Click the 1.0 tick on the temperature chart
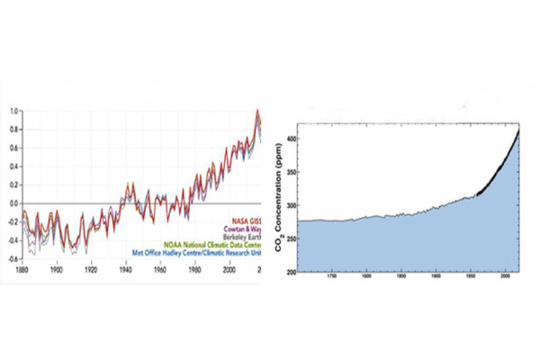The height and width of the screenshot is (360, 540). click(12, 112)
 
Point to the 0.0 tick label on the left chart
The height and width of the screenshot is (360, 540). click(12, 203)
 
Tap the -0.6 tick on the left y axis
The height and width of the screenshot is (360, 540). click(11, 259)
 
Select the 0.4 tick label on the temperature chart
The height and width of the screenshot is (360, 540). click(12, 166)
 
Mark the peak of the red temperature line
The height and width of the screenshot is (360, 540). click(257, 111)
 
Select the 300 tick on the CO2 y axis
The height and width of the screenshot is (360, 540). click(289, 203)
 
